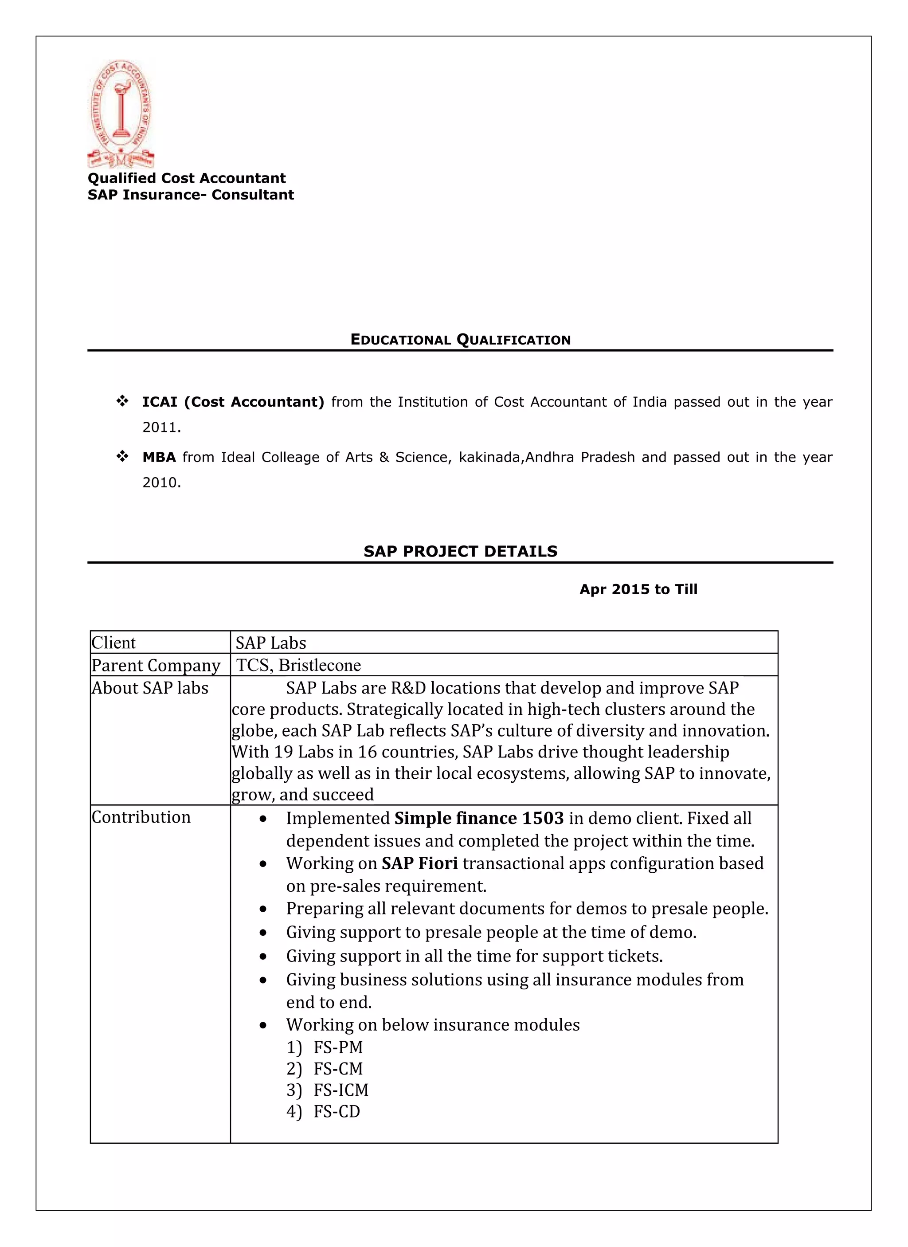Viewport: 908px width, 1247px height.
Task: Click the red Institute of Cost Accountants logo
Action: click(x=121, y=114)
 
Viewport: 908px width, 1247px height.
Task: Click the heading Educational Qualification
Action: click(x=461, y=340)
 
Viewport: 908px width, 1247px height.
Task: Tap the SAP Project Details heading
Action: click(x=461, y=552)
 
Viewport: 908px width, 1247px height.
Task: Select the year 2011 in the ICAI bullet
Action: click(x=161, y=427)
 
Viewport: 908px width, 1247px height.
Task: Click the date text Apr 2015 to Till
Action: click(x=638, y=589)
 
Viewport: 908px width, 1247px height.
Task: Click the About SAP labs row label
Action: click(x=150, y=688)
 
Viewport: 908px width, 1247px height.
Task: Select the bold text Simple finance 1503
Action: click(x=479, y=818)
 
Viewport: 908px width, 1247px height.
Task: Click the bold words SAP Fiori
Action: click(x=420, y=863)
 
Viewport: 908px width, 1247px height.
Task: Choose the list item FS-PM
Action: click(x=337, y=1047)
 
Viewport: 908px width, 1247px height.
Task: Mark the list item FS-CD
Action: click(x=337, y=1111)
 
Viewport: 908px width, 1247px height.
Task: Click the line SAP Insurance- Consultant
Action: click(x=191, y=195)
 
